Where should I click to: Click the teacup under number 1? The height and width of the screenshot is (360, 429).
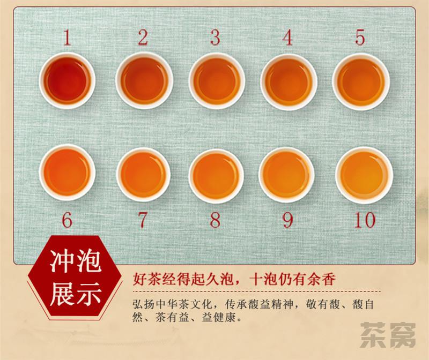tap(68, 81)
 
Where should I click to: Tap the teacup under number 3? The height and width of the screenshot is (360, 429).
tap(217, 81)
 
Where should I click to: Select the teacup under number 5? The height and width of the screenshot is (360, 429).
tap(361, 82)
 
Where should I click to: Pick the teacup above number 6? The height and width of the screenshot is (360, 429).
tap(68, 172)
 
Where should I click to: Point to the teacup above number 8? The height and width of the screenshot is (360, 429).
tap(216, 176)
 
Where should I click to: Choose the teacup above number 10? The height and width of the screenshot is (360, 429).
tap(365, 176)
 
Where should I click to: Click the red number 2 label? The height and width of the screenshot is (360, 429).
tap(143, 37)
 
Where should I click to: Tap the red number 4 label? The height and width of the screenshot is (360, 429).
tap(287, 37)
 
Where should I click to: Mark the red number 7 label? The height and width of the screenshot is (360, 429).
tap(143, 220)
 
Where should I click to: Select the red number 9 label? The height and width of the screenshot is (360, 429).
tap(288, 220)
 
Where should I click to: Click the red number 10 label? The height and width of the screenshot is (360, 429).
tap(365, 220)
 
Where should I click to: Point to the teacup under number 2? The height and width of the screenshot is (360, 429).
tap(144, 81)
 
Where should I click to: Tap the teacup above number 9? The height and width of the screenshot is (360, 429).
tap(286, 175)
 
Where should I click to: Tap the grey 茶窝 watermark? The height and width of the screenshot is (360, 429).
tap(388, 335)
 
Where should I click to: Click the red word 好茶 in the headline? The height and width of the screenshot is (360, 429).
tap(147, 279)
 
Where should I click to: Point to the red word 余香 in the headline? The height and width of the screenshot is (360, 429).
tap(321, 279)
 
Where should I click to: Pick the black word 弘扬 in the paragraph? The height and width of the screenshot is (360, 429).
tap(143, 304)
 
